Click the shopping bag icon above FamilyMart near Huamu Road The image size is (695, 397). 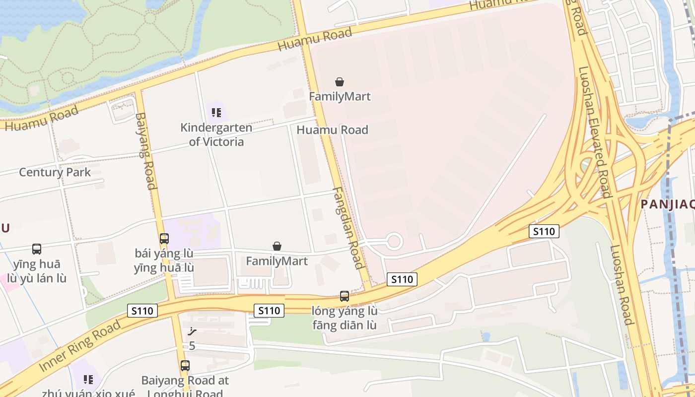point(340,82)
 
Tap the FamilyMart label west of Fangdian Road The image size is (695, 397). point(277,261)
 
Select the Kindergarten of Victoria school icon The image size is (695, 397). point(216,113)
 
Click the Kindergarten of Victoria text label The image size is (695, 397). point(216,134)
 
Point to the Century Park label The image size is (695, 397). point(55,172)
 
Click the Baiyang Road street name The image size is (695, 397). point(145,151)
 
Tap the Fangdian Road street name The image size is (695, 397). point(348,228)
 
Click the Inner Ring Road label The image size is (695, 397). point(79,346)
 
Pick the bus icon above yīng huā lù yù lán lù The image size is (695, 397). point(37,249)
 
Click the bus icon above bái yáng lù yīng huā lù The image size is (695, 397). point(164,238)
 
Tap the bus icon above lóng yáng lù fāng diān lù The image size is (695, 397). point(345,296)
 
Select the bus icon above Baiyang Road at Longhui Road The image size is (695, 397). point(185,366)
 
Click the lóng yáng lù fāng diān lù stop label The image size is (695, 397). point(345,318)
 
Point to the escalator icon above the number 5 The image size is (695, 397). point(192,331)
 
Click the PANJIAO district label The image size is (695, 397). point(667,204)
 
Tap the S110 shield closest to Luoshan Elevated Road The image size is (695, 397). point(544,231)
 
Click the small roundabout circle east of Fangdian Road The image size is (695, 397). point(394,242)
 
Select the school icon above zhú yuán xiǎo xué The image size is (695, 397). point(88,380)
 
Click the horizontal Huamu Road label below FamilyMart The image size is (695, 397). point(332,130)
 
